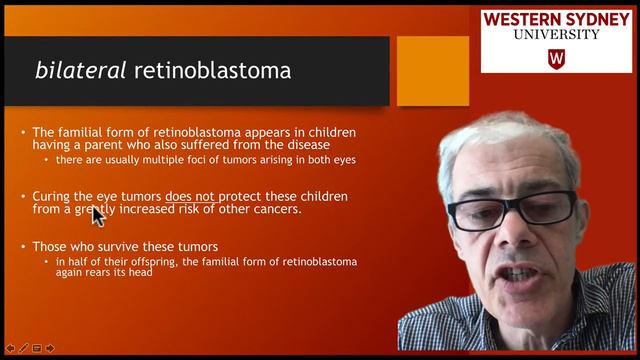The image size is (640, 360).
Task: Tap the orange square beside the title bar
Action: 432,71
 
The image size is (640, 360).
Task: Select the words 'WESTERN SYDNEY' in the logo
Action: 556,19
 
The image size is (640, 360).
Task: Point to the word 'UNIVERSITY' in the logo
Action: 556,35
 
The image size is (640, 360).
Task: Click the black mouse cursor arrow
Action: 97,215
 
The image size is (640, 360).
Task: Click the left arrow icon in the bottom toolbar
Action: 10,348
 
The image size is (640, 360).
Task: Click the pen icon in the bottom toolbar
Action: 23,348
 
